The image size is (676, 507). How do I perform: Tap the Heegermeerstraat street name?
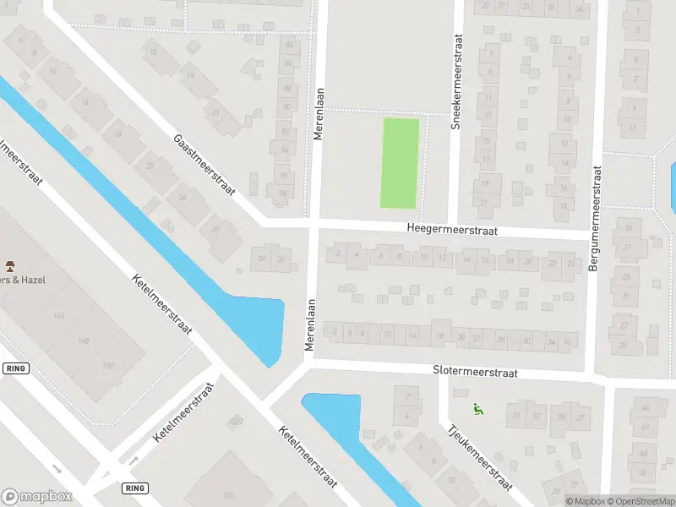coord(452,230)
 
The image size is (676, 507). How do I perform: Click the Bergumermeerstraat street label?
coord(597,218)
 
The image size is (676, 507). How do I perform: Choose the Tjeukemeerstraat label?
coord(478,456)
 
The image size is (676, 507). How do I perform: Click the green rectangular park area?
coord(401,162)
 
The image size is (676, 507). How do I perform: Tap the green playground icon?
coord(478,411)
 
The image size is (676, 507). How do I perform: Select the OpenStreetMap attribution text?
coord(639,501)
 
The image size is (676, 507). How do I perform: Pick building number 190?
coord(107,365)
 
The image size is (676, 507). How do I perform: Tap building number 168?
coord(83,341)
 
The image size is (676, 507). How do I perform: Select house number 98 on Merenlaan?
coord(283,192)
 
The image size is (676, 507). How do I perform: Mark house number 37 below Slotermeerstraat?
coord(581,417)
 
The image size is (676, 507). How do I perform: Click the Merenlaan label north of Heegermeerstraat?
coord(319,115)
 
